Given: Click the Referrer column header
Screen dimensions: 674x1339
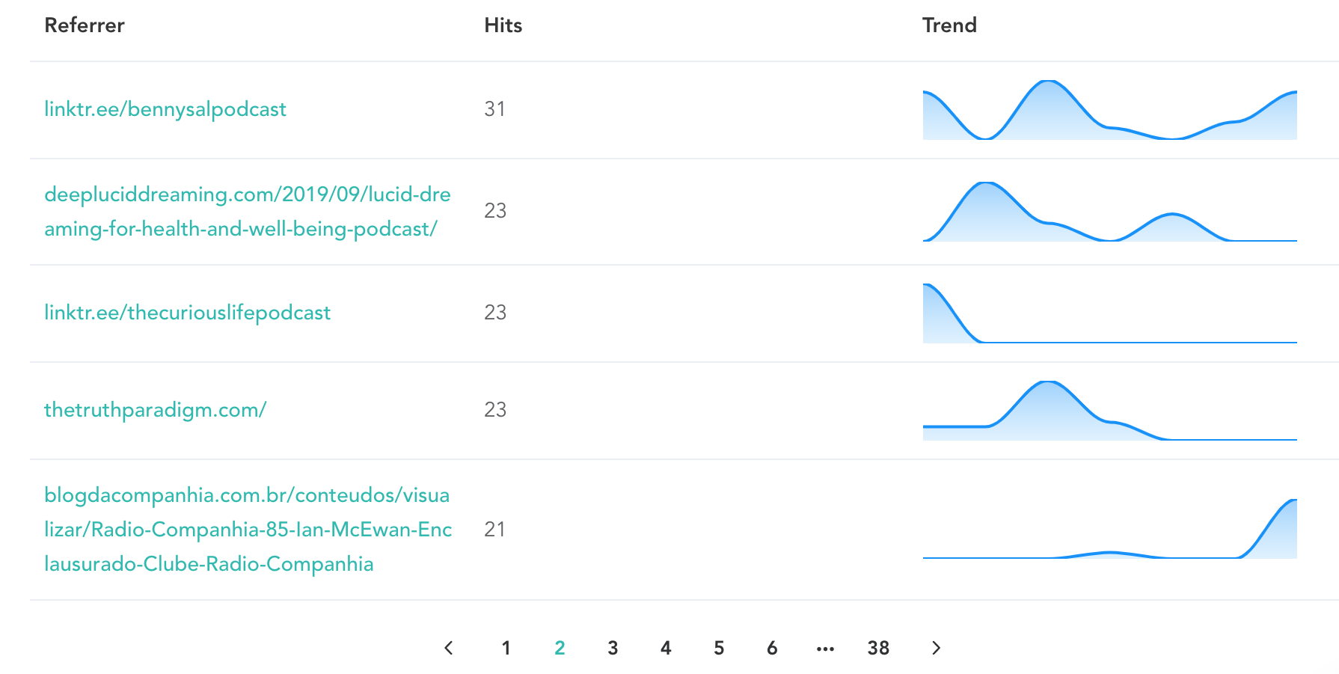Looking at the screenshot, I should pyautogui.click(x=85, y=25).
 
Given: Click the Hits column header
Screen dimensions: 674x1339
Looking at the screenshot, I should pyautogui.click(x=503, y=25).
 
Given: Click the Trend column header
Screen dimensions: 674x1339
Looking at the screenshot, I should pyautogui.click(x=949, y=25).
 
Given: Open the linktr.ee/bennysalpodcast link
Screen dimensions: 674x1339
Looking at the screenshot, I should pyautogui.click(x=165, y=109).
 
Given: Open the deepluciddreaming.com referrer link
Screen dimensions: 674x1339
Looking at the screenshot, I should pyautogui.click(x=247, y=211).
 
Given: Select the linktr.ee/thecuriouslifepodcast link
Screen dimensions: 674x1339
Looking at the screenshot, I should pyautogui.click(x=187, y=313).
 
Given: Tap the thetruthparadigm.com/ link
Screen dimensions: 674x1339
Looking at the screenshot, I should pyautogui.click(x=155, y=410).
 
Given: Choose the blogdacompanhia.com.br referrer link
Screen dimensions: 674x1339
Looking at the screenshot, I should pyautogui.click(x=247, y=530).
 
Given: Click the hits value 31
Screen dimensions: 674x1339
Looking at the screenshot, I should pyautogui.click(x=494, y=109).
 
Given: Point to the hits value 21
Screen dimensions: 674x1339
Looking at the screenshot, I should pyautogui.click(x=494, y=530).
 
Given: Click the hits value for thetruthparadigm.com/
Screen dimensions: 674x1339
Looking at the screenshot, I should pyautogui.click(x=495, y=410).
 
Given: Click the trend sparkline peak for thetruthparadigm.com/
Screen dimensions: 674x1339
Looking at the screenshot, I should pyautogui.click(x=1049, y=385).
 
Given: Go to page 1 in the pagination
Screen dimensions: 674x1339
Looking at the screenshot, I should pyautogui.click(x=506, y=648).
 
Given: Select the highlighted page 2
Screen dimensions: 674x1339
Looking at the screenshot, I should pyautogui.click(x=560, y=648).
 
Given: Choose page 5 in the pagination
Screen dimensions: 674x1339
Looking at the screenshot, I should pyautogui.click(x=719, y=648).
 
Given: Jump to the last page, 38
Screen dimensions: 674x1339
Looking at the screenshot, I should pyautogui.click(x=878, y=648).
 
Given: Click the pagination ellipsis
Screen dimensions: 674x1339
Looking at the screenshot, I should pyautogui.click(x=825, y=649).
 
